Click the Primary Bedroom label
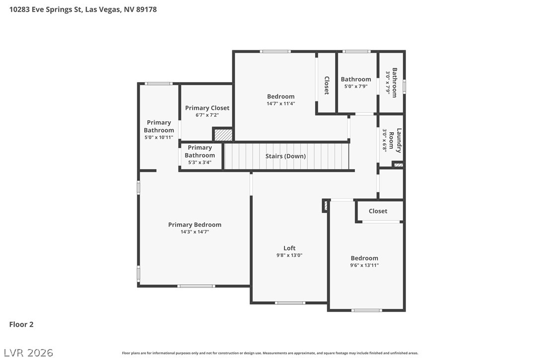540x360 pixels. click(194, 225)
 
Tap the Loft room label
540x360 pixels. click(289, 248)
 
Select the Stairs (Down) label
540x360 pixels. click(285, 156)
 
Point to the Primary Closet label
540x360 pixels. click(207, 108)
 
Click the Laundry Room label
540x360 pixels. click(395, 141)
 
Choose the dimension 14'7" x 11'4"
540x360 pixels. click(280, 103)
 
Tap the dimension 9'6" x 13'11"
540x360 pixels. click(364, 265)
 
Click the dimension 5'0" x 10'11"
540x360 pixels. click(159, 137)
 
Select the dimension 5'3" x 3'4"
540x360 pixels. click(200, 162)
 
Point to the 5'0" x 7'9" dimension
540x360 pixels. click(356, 86)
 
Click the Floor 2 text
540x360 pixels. click(21, 324)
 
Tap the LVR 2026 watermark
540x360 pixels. click(28, 353)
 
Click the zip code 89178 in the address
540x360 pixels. click(146, 9)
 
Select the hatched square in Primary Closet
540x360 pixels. click(223, 134)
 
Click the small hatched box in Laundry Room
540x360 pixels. click(398, 165)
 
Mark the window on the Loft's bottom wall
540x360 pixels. click(290, 303)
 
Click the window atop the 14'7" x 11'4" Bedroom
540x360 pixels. click(275, 52)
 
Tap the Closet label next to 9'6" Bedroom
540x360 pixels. click(378, 211)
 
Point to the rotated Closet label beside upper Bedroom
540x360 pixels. click(327, 86)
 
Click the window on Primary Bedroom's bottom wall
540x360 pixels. click(196, 286)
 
